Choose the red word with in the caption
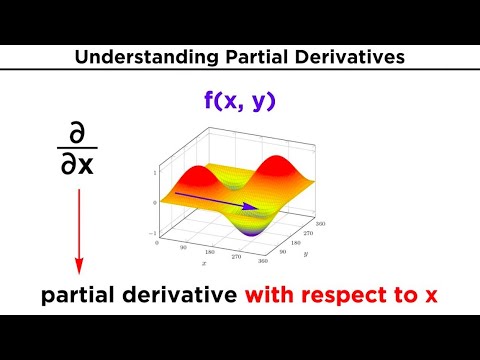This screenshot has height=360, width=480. point(276,297)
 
